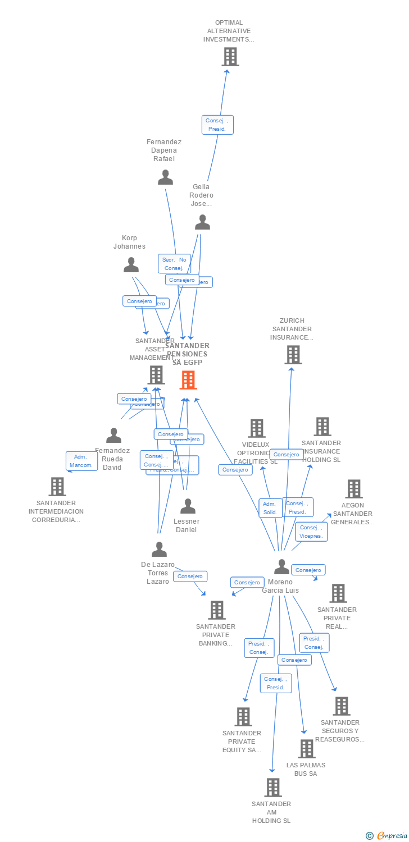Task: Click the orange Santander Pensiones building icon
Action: [x=188, y=380]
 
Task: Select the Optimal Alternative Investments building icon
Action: [x=230, y=57]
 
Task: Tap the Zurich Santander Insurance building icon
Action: [x=293, y=355]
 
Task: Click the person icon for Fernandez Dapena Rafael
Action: [x=165, y=177]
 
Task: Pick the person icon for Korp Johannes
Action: [x=131, y=264]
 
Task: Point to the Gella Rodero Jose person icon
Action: [x=202, y=223]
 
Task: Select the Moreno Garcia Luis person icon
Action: [x=281, y=567]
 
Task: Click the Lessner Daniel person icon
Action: [x=188, y=506]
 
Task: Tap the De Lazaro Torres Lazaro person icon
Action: [x=159, y=550]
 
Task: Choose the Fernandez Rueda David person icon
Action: [x=113, y=436]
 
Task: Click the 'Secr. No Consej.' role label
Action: [x=174, y=264]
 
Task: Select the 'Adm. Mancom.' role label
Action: [x=81, y=461]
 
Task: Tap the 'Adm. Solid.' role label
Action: [x=270, y=508]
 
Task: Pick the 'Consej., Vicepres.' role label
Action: [x=311, y=532]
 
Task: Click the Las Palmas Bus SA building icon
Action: [x=306, y=749]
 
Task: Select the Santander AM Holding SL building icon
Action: [x=272, y=788]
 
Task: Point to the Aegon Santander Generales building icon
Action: [x=353, y=489]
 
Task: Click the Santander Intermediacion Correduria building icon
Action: [x=57, y=487]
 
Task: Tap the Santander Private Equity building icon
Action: [x=243, y=717]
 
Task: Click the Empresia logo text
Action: [x=392, y=836]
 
